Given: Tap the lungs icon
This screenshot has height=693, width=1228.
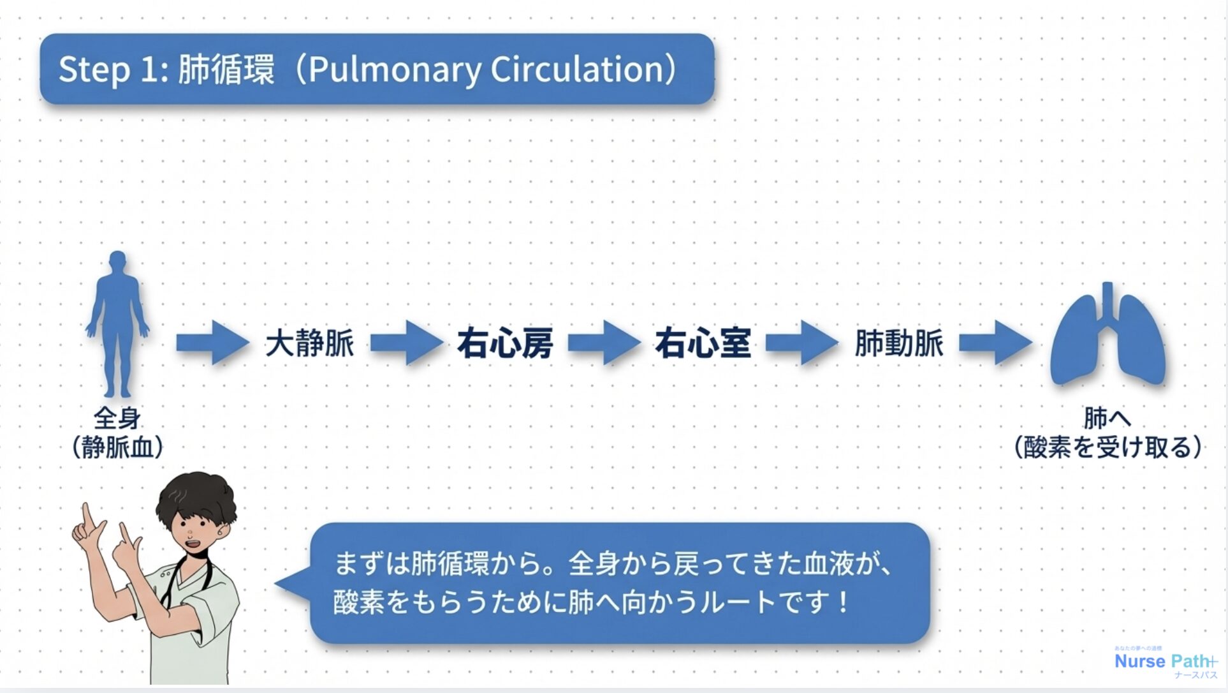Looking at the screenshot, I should (1107, 338).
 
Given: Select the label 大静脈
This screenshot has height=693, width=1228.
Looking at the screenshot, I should (309, 343).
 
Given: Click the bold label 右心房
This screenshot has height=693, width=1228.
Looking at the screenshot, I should (505, 343).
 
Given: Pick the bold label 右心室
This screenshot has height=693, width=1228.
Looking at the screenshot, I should (703, 343).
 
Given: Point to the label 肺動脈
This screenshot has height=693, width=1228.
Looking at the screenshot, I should (899, 343).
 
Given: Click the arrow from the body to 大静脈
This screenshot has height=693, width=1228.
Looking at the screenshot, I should (212, 343).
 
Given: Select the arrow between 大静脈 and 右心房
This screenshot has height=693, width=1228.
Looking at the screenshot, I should (406, 343).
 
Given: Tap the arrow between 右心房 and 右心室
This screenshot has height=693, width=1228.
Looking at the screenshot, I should (604, 343).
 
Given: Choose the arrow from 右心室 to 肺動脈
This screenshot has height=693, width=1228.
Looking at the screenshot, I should (801, 343).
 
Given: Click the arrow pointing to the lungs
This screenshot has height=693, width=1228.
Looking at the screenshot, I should (995, 343).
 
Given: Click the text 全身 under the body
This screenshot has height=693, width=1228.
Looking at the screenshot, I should (117, 419).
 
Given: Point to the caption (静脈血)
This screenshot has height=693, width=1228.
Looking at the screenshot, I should (117, 447).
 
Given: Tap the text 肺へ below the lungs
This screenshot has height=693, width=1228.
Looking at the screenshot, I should (1107, 419).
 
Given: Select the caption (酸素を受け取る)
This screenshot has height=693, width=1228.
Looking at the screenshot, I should (1107, 447).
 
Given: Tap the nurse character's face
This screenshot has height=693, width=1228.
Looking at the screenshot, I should (194, 530).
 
